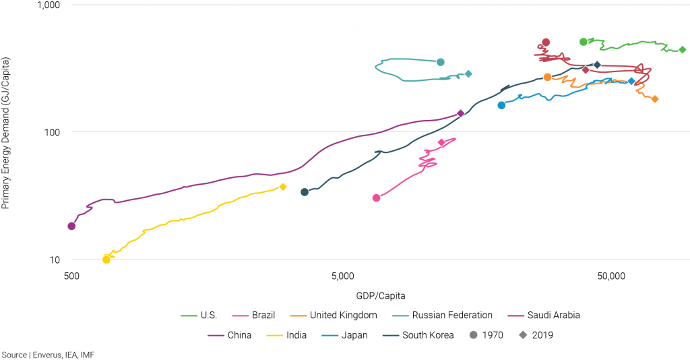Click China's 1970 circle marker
pyautogui.click(x=71, y=226)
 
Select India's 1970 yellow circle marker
pyautogui.click(x=106, y=260)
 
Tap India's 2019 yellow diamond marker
pyautogui.click(x=283, y=187)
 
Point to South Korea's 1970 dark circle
pyautogui.click(x=305, y=192)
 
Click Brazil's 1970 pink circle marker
pyautogui.click(x=376, y=198)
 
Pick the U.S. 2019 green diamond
pyautogui.click(x=682, y=49)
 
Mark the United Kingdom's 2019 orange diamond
pyautogui.click(x=654, y=99)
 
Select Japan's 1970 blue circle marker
pyautogui.click(x=501, y=105)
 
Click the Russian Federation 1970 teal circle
pyautogui.click(x=441, y=62)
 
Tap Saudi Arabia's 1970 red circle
pyautogui.click(x=546, y=42)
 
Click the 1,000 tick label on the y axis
pyautogui.click(x=47, y=5)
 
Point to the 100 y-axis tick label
pyautogui.click(x=53, y=132)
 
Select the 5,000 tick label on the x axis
pyautogui.click(x=343, y=276)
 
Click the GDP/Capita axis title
pyautogui.click(x=381, y=295)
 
